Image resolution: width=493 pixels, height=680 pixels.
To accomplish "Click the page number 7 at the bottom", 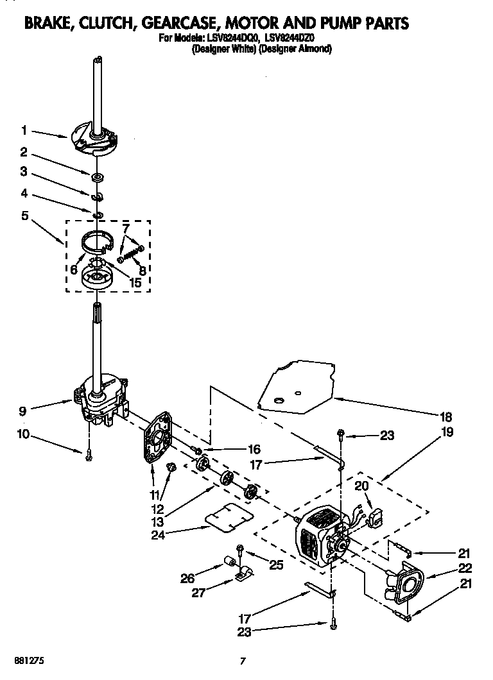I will click(243, 660).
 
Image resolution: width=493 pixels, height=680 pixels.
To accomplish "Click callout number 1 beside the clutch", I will click(24, 130).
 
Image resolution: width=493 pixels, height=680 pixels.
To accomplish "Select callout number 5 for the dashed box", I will click(24, 216).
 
